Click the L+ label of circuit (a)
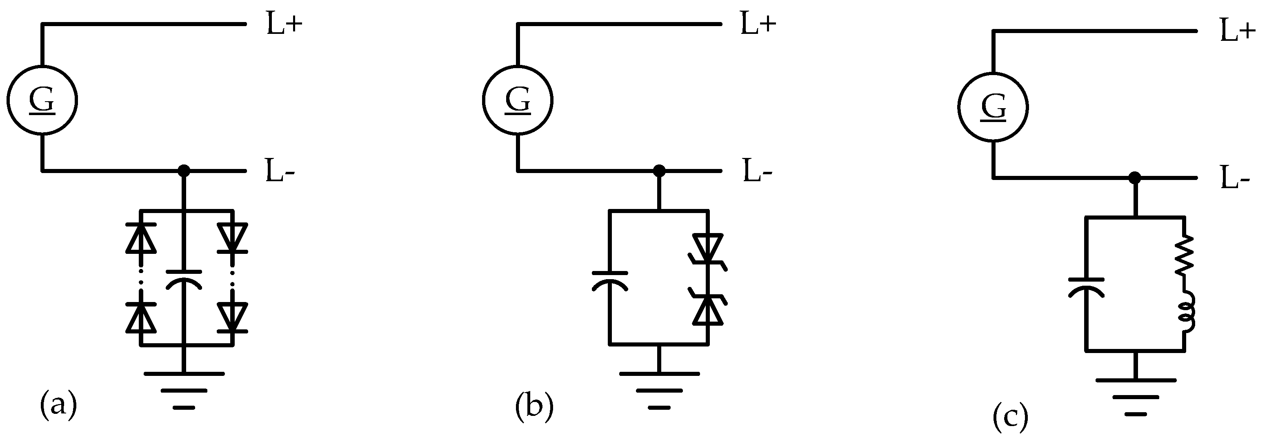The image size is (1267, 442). click(284, 24)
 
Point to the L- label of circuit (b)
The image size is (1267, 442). click(758, 171)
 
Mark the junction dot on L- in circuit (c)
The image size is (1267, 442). click(1135, 178)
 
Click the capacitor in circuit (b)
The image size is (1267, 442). click(610, 281)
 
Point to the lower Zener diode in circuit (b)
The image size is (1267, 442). click(708, 309)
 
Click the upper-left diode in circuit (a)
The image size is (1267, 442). click(141, 237)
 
